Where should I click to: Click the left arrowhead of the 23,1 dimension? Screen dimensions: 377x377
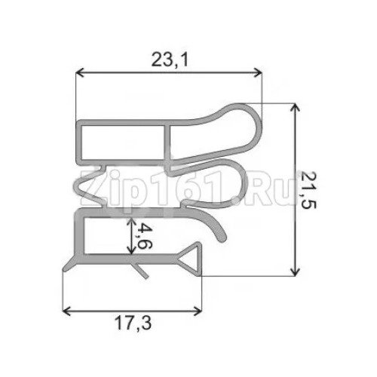81,73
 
